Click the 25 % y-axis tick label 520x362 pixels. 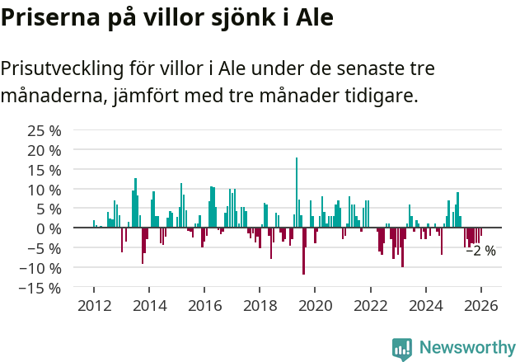click(x=45, y=130)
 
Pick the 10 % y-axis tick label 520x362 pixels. click(x=45, y=190)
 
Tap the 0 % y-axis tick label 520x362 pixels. click(x=49, y=228)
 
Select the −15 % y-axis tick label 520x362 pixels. click(x=41, y=288)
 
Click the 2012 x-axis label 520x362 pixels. click(x=94, y=305)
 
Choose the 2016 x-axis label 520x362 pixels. click(x=204, y=305)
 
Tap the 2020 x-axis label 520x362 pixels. click(x=315, y=305)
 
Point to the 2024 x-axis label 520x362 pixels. click(x=425, y=305)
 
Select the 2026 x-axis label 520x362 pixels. click(x=480, y=305)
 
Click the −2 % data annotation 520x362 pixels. click(x=480, y=251)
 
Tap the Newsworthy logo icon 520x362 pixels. click(x=402, y=349)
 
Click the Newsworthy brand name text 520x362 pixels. click(x=466, y=347)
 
